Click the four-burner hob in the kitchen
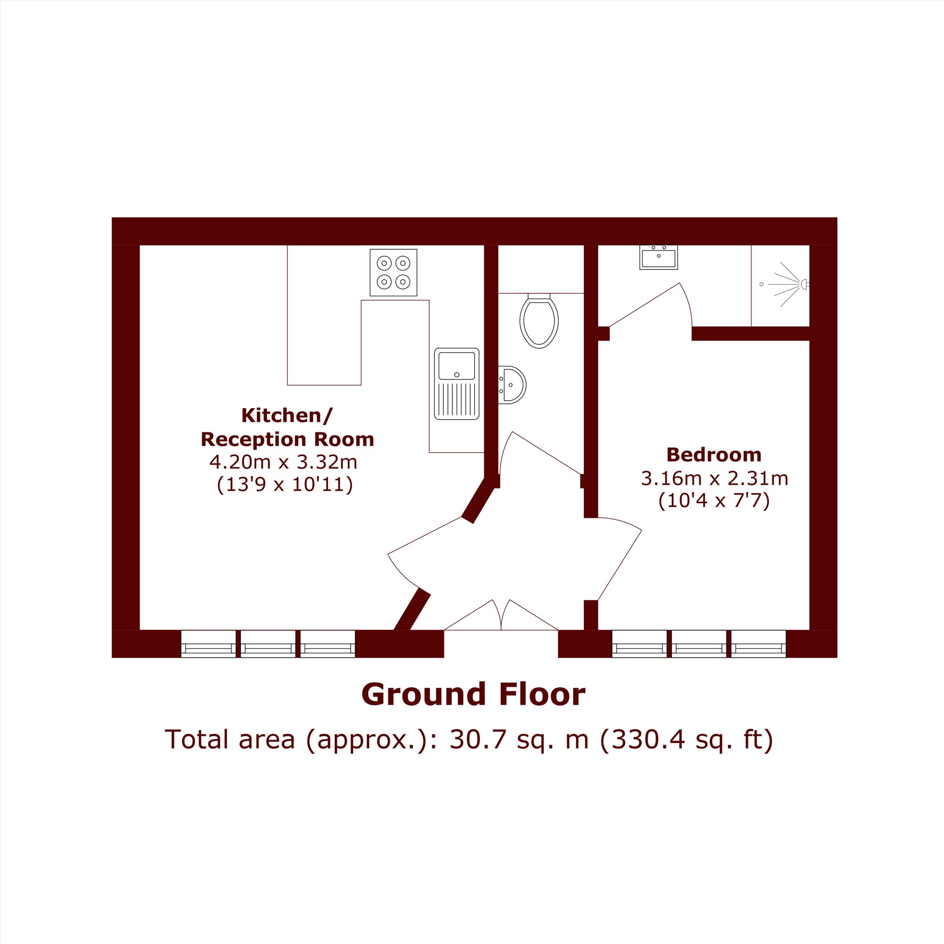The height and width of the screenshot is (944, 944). pyautogui.click(x=393, y=273)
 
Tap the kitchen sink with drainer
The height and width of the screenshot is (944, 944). pyautogui.click(x=457, y=384)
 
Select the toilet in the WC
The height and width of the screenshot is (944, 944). pyautogui.click(x=539, y=320)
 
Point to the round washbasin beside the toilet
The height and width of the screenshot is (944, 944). pyautogui.click(x=512, y=385)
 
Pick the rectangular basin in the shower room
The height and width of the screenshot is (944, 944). pyautogui.click(x=658, y=258)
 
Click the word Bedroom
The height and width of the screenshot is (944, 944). pyautogui.click(x=714, y=455)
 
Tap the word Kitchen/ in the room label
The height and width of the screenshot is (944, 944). pyautogui.click(x=287, y=416)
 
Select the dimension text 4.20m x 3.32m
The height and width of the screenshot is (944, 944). pyautogui.click(x=283, y=462)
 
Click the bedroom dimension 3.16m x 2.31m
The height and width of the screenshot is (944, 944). pyautogui.click(x=714, y=478)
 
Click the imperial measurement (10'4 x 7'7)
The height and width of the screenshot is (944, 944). pyautogui.click(x=714, y=501)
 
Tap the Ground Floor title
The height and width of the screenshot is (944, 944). pyautogui.click(x=473, y=695)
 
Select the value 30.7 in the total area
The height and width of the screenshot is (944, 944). pyautogui.click(x=470, y=740)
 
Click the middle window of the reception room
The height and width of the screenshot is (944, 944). pyautogui.click(x=268, y=644)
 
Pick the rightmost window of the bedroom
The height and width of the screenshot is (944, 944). pyautogui.click(x=759, y=644)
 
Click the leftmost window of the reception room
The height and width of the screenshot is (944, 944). pyautogui.click(x=209, y=644)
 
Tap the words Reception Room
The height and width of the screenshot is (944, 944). pyautogui.click(x=287, y=440)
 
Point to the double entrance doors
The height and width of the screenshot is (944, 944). pyautogui.click(x=501, y=615)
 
